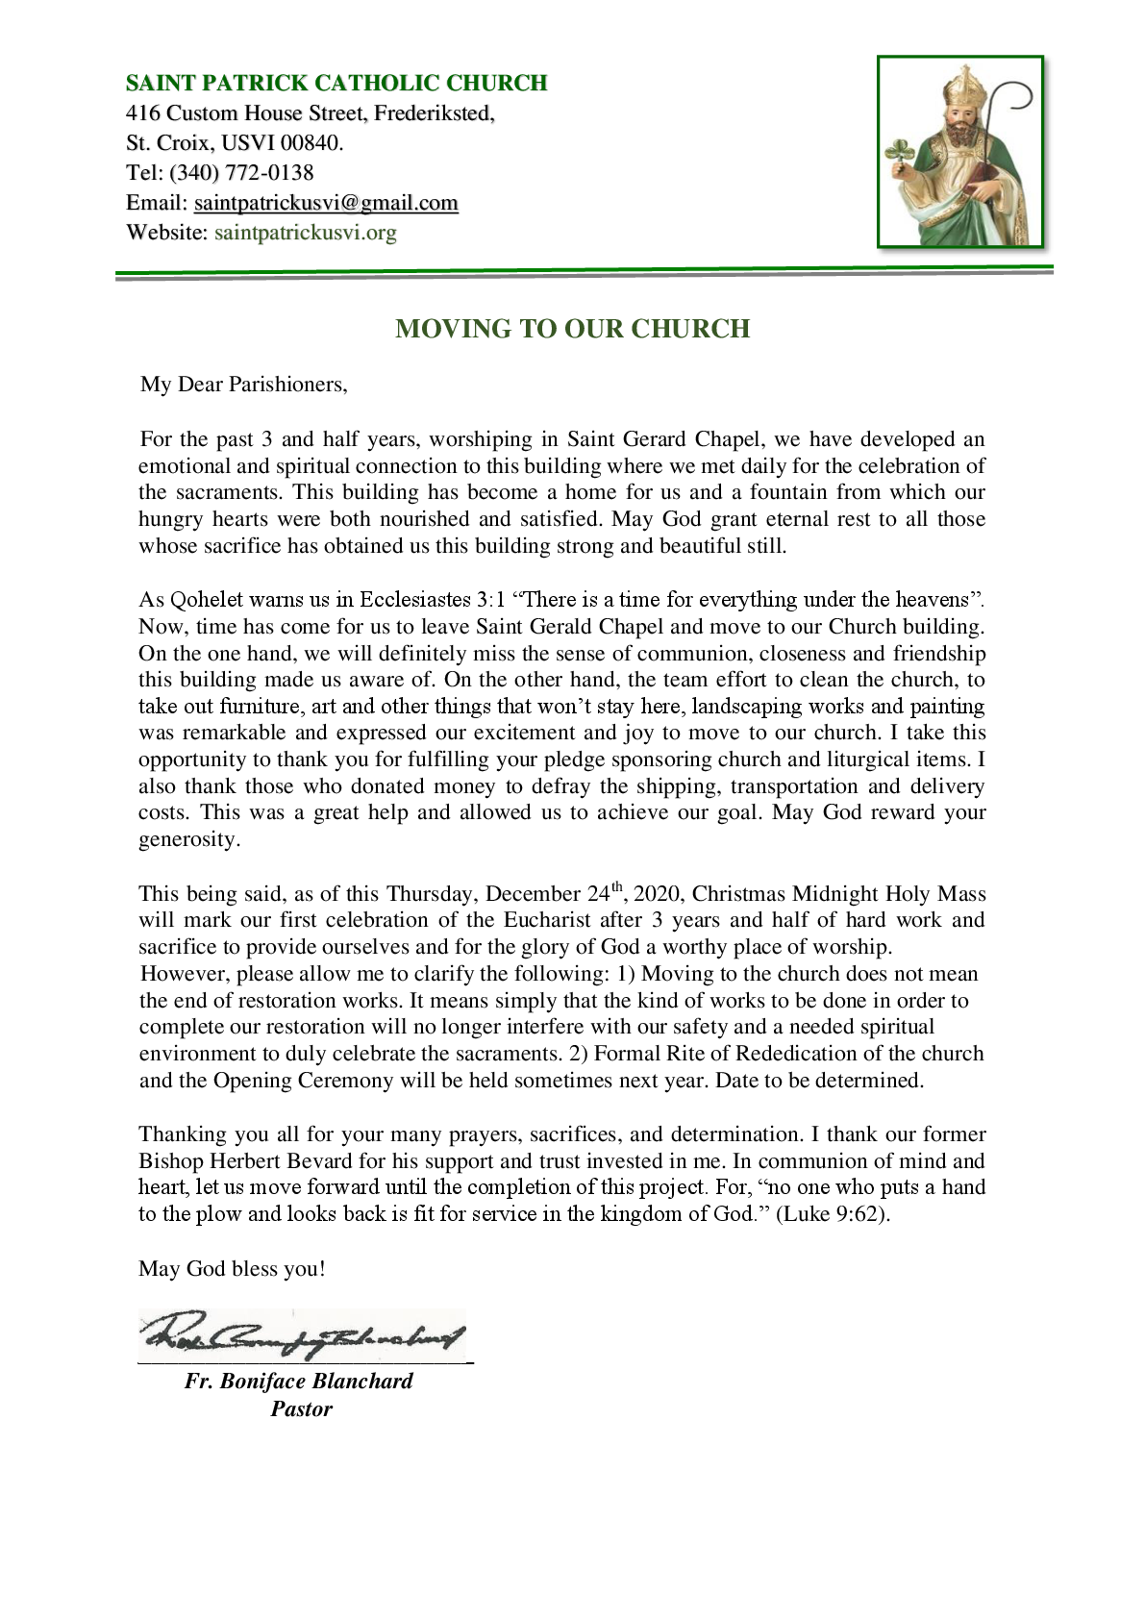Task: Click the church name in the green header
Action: (336, 83)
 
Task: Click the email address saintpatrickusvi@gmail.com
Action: (326, 203)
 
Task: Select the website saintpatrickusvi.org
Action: (305, 233)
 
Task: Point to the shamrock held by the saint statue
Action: (899, 153)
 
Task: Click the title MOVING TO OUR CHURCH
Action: (572, 329)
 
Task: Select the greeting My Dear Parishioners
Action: (243, 385)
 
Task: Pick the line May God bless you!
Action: (232, 1269)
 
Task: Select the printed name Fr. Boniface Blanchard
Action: (299, 1382)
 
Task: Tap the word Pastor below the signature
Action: (301, 1409)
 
